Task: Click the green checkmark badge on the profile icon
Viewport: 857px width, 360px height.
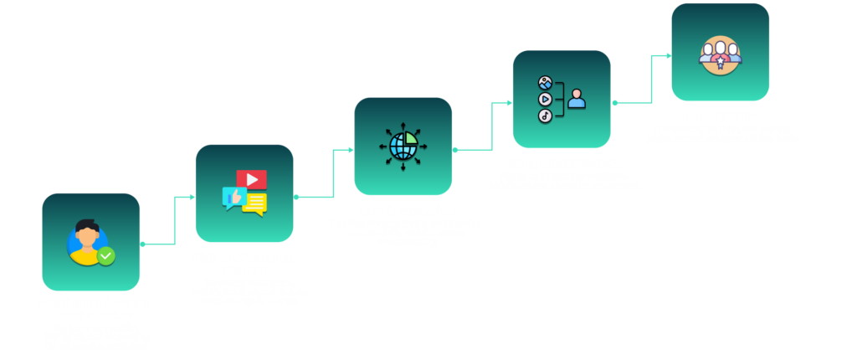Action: coord(105,255)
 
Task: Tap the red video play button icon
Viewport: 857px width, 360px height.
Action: coord(251,179)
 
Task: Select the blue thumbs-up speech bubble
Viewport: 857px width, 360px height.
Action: coord(233,198)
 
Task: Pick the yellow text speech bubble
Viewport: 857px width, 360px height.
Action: coord(254,203)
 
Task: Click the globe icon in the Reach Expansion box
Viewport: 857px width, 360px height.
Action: coord(403,146)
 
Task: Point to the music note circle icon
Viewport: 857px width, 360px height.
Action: coord(545,116)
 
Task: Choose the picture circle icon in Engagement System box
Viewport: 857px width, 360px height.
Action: coord(545,83)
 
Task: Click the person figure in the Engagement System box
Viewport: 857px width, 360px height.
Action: coord(577,99)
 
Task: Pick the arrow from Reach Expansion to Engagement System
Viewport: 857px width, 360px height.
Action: coord(492,126)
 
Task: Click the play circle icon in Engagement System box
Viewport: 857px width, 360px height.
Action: coord(545,99)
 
